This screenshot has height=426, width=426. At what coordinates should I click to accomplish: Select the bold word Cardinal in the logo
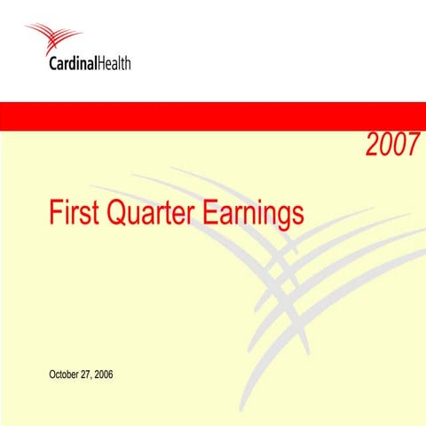pyautogui.click(x=75, y=65)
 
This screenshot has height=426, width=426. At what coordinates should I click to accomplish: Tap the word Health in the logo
pyautogui.click(x=115, y=65)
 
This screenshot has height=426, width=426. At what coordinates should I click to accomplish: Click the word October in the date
pyautogui.click(x=66, y=374)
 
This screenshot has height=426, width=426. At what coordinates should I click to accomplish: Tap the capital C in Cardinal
pyautogui.click(x=56, y=65)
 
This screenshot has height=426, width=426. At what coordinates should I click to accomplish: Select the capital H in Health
pyautogui.click(x=101, y=65)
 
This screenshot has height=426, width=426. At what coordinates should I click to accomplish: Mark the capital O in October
pyautogui.click(x=52, y=374)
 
